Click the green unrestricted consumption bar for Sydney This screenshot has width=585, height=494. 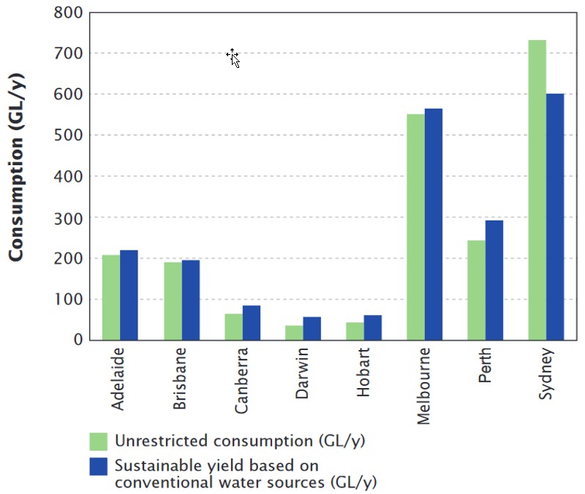[537, 190]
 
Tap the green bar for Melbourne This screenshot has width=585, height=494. [415, 227]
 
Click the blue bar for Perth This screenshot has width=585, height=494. [494, 281]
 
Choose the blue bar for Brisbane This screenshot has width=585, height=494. [190, 300]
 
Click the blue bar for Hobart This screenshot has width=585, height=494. [373, 327]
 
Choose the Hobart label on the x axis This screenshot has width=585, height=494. [363, 375]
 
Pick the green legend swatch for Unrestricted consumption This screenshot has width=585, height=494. [98, 441]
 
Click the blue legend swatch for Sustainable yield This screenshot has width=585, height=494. [98, 466]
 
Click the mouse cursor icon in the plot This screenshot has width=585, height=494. [233, 58]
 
